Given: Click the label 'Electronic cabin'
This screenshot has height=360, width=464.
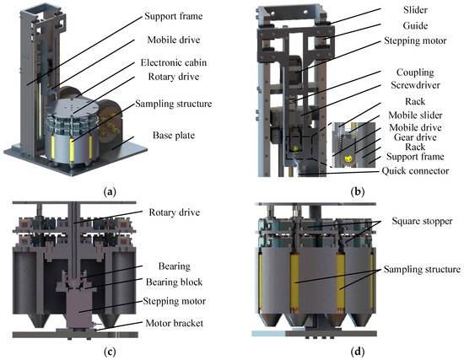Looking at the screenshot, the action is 174,62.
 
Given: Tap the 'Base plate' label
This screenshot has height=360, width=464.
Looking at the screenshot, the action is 174,136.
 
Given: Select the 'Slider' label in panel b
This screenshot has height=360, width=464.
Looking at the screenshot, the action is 415,10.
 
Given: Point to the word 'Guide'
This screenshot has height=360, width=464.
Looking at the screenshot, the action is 415,26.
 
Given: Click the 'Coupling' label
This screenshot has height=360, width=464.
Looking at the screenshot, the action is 415,73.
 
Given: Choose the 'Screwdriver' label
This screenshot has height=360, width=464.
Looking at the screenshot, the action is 415,85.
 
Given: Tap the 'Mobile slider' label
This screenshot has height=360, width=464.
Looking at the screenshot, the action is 415,115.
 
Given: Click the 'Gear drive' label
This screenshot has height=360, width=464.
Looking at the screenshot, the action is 415,137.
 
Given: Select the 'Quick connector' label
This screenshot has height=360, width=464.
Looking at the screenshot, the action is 415,171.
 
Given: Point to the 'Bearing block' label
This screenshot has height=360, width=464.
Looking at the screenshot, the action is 174,282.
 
